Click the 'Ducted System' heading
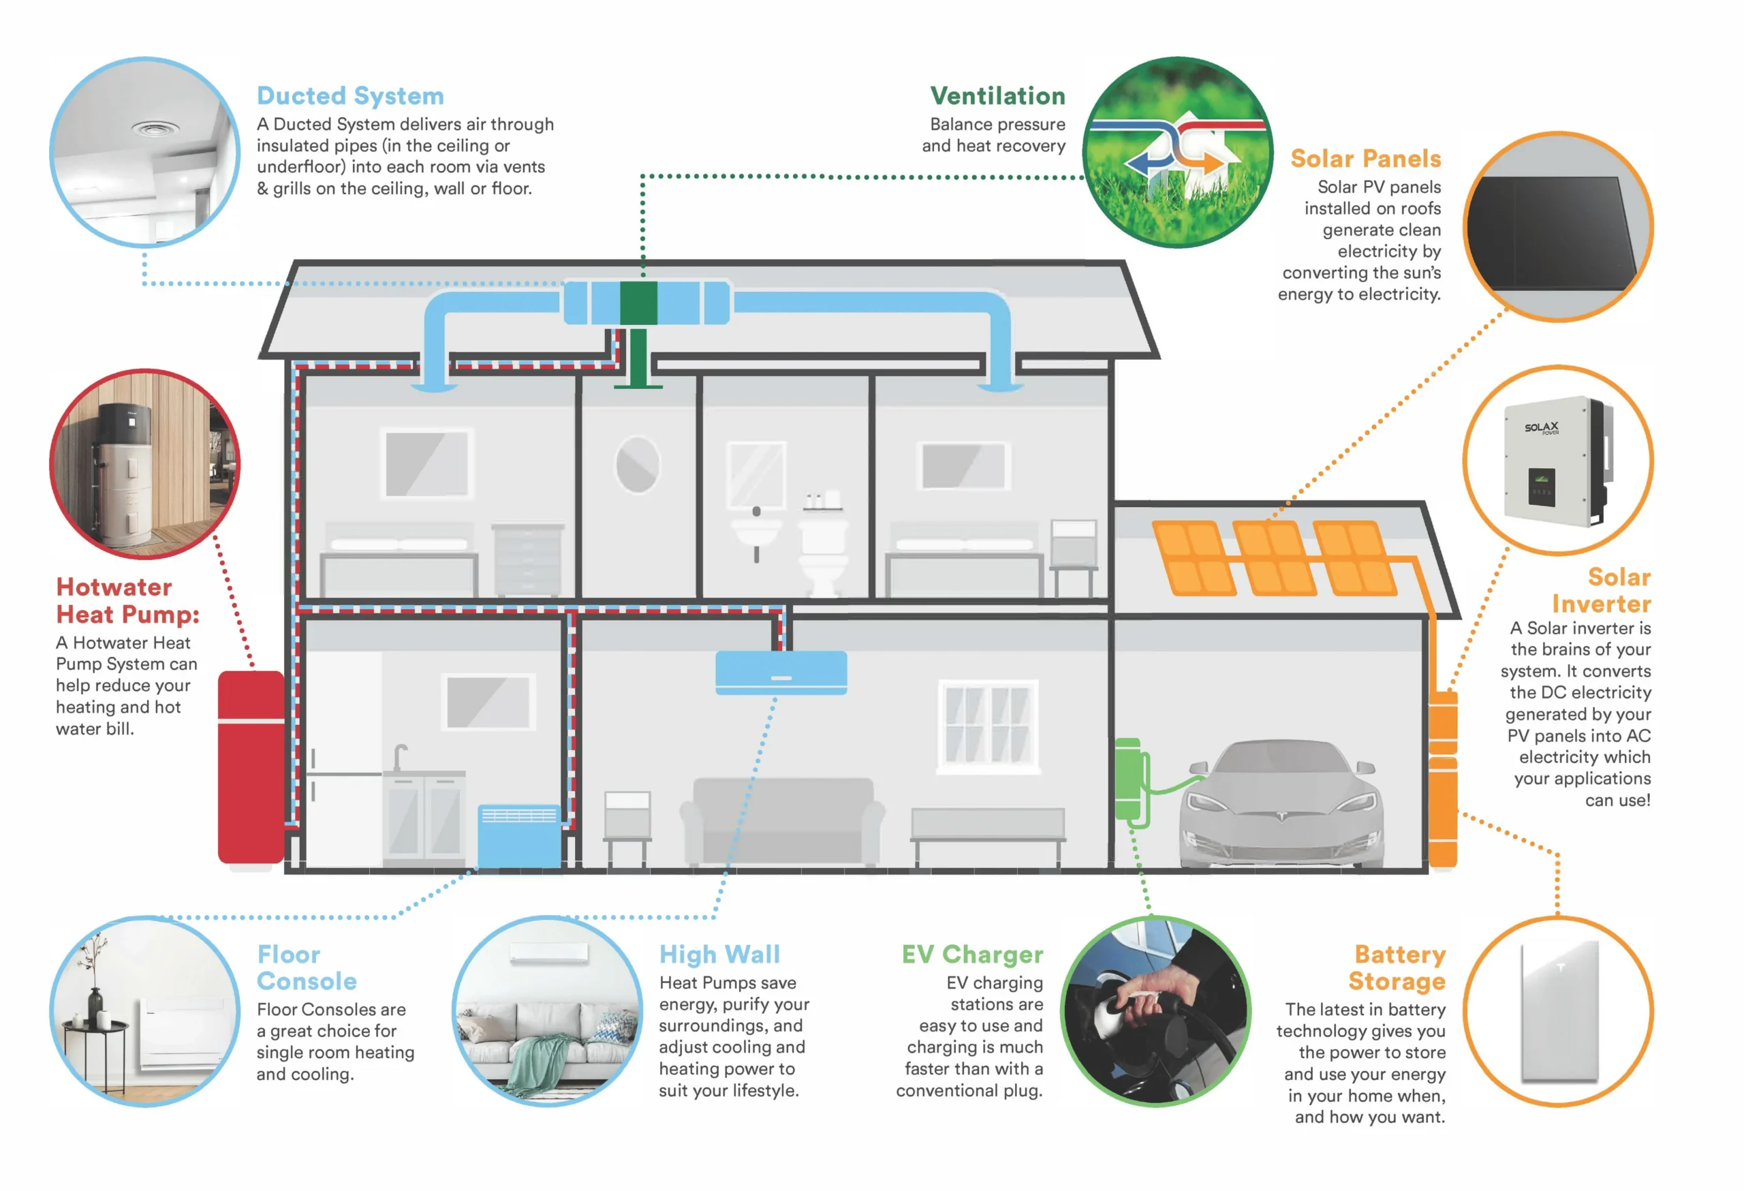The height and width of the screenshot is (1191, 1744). tap(349, 96)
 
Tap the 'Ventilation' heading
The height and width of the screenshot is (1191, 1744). tap(997, 96)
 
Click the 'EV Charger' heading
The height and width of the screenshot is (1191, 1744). tap(972, 955)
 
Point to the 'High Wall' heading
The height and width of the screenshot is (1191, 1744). tap(719, 955)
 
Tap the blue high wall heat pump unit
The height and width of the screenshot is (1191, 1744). tap(781, 672)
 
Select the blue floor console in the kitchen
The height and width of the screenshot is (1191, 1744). tap(519, 835)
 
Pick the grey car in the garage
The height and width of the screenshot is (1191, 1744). tap(1281, 803)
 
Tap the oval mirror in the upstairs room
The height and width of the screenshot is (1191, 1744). tap(637, 465)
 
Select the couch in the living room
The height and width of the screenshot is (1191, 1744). tap(783, 821)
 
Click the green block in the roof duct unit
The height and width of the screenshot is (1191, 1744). tap(638, 303)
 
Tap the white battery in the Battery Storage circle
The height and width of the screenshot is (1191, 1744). tap(1559, 1011)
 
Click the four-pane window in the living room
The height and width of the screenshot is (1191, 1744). tap(988, 726)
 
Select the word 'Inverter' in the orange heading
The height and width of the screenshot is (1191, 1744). tap(1601, 604)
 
